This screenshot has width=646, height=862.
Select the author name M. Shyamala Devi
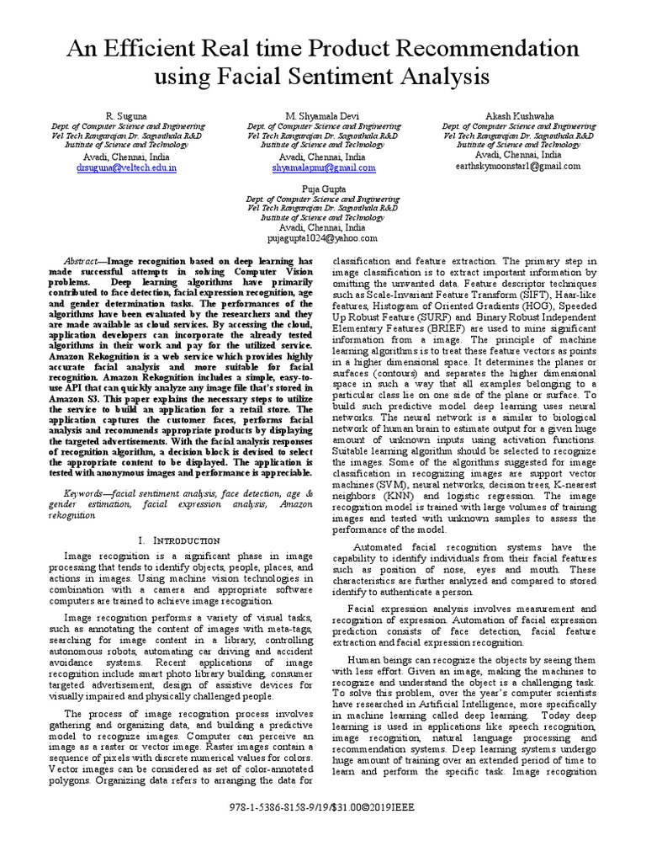pos(322,114)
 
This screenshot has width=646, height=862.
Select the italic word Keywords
pos(88,490)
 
